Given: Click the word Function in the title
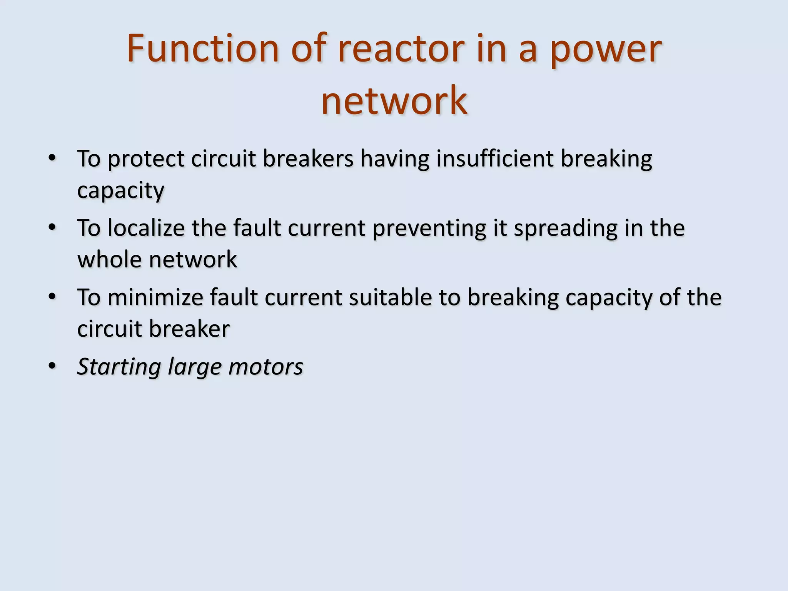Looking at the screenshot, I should pyautogui.click(x=203, y=49).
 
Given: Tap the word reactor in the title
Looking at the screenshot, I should pyautogui.click(x=401, y=49).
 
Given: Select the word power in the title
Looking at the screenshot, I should pyautogui.click(x=606, y=49).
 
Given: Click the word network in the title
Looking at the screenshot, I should pyautogui.click(x=394, y=101).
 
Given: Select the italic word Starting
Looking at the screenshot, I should pyautogui.click(x=119, y=367).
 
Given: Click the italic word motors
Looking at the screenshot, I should pyautogui.click(x=265, y=367).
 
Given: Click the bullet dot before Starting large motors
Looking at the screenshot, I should pyautogui.click(x=52, y=366).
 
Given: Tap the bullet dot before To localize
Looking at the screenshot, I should pyautogui.click(x=52, y=227).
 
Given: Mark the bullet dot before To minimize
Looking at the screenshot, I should pyautogui.click(x=52, y=297).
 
